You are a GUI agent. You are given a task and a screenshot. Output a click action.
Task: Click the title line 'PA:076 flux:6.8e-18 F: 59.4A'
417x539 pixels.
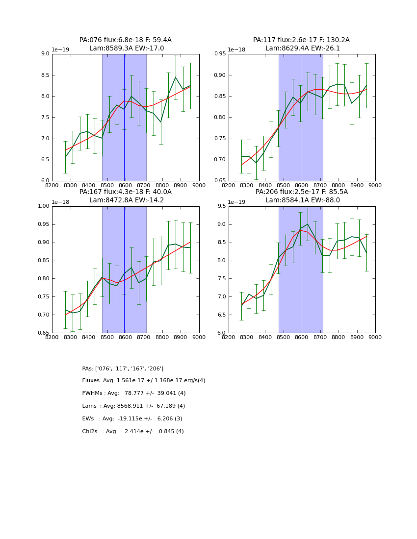click(x=126, y=40)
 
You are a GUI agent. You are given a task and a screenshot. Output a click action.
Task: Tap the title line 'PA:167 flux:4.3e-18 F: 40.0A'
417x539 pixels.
click(x=126, y=192)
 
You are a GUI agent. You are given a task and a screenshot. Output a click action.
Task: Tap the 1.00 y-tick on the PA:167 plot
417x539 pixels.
click(x=43, y=206)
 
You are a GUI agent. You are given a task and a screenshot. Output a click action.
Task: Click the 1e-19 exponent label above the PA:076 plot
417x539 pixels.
click(x=60, y=49)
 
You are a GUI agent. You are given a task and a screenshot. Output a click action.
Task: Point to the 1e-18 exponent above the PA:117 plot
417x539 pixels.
click(x=237, y=49)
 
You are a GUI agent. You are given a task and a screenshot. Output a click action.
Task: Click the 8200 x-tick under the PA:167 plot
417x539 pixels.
click(x=52, y=337)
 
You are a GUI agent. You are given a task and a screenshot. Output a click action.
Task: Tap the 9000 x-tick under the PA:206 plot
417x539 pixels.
click(x=375, y=337)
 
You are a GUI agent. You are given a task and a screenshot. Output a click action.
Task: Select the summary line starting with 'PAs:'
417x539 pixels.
click(x=123, y=368)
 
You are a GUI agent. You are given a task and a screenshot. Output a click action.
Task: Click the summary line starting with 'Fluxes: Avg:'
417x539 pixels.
click(x=144, y=381)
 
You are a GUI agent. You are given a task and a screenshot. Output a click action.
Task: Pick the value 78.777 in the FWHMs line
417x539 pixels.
click(x=135, y=393)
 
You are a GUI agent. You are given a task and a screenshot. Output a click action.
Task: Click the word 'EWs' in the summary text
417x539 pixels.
click(x=89, y=419)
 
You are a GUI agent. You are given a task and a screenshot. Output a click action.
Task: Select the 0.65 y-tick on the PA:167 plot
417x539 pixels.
click(x=43, y=333)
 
